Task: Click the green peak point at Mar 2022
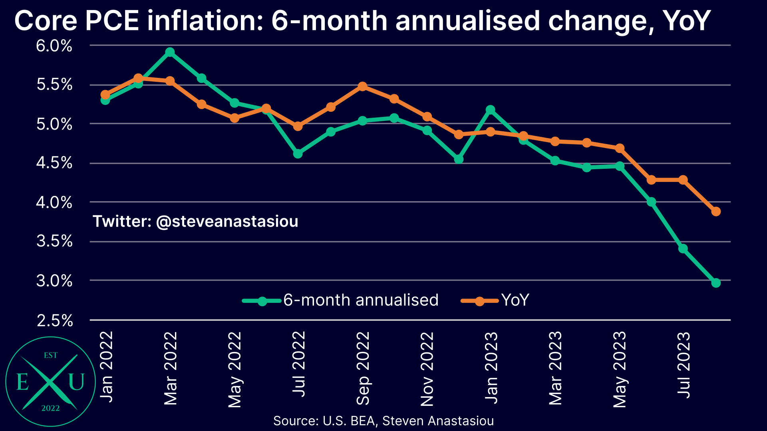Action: [170, 52]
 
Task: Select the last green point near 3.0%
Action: [715, 283]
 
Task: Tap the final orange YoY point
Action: [715, 212]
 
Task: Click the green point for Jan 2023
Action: [491, 110]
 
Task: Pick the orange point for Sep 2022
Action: [362, 87]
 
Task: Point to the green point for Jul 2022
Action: [298, 154]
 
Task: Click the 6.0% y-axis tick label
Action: [54, 46]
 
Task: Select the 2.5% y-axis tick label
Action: [55, 320]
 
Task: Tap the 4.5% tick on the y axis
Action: [54, 163]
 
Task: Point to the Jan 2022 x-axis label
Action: [106, 367]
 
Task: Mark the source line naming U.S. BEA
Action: [383, 421]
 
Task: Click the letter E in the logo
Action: [22, 382]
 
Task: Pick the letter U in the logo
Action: [76, 382]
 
